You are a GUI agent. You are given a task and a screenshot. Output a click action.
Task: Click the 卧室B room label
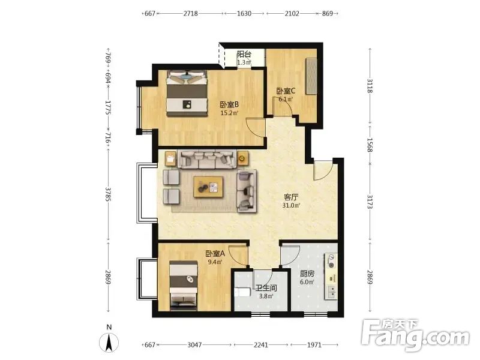(x=229, y=104)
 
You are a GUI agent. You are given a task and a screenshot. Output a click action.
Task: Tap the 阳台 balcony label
(x=244, y=55)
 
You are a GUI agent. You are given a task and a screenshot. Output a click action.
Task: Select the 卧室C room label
(x=286, y=91)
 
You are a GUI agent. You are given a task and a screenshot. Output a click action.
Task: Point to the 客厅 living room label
(x=291, y=197)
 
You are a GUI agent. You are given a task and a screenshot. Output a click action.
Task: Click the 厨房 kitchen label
(x=307, y=274)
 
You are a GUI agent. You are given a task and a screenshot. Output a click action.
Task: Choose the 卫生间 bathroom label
(x=266, y=288)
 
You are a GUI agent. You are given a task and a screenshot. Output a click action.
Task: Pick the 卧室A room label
(x=215, y=254)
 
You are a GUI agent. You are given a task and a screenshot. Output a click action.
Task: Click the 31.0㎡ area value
(x=291, y=205)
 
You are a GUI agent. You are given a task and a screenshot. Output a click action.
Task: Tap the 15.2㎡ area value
(x=229, y=113)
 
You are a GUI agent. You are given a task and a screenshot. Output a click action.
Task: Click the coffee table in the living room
(x=208, y=187)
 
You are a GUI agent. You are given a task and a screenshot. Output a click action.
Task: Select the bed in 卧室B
(x=187, y=94)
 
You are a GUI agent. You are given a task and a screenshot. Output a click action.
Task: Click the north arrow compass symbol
(x=109, y=342)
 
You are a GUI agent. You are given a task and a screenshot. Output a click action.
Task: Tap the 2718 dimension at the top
(x=190, y=13)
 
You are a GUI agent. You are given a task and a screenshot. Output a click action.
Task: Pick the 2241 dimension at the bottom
(x=261, y=345)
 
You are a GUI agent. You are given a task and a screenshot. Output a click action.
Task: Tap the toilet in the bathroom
(x=242, y=292)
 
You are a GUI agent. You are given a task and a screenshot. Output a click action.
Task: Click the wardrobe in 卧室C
(x=311, y=76)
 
